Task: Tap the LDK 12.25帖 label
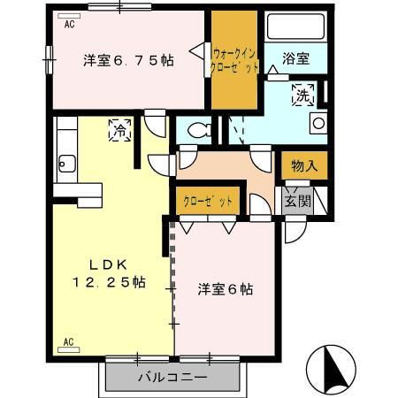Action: (x=109, y=273)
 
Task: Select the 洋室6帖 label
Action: (x=225, y=288)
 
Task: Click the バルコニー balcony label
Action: (x=172, y=379)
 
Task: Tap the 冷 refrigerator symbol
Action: (x=119, y=130)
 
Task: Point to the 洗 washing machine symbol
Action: (x=304, y=94)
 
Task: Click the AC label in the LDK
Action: (x=68, y=341)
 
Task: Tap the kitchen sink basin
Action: (x=65, y=162)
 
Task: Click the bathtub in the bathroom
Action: (x=297, y=28)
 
